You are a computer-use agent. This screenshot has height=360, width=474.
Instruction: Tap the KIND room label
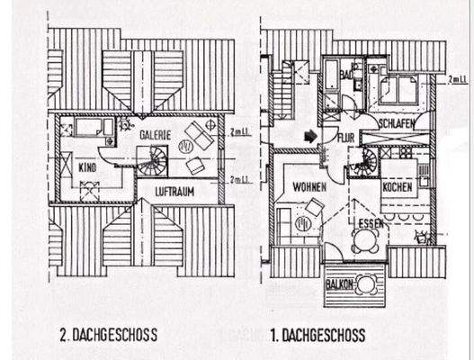(86, 167)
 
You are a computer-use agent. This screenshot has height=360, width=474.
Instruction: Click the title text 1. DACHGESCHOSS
(317, 336)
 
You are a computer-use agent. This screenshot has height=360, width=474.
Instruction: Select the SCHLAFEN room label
(396, 122)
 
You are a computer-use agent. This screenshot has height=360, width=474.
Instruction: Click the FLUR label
(345, 137)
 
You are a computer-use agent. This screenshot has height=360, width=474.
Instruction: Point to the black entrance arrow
(310, 137)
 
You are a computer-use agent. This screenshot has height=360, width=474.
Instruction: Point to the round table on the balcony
(366, 284)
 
